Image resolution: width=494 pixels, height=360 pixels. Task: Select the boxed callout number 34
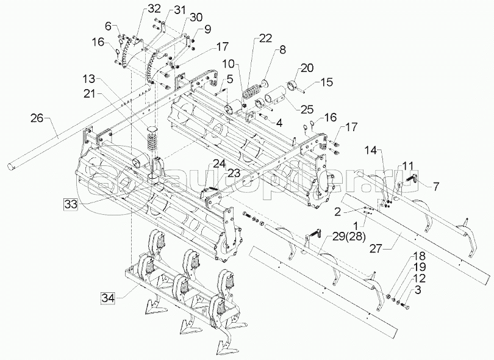[108, 298]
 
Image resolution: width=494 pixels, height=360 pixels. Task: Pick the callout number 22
[265, 39]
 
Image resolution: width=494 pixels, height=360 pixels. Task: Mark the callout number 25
[306, 109]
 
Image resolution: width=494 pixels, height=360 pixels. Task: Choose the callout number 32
[154, 9]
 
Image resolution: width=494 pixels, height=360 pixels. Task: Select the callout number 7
[435, 186]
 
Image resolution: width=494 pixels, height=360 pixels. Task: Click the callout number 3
[417, 290]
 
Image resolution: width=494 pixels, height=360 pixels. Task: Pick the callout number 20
[307, 68]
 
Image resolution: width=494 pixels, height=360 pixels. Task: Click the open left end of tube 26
[12, 165]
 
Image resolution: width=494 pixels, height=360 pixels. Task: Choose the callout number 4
[279, 122]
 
